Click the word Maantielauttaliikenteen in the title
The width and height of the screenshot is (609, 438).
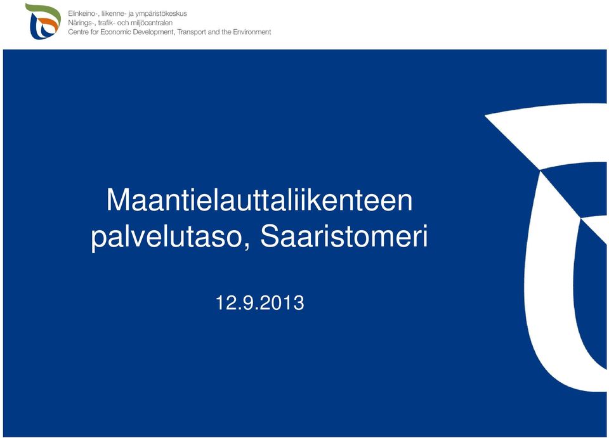pyautogui.click(x=259, y=200)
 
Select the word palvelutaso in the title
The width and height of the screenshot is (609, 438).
pyautogui.click(x=171, y=237)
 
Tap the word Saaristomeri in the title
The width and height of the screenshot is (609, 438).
pyautogui.click(x=344, y=236)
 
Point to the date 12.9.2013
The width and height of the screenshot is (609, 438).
pyautogui.click(x=260, y=303)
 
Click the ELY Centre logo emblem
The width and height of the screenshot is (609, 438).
pyautogui.click(x=43, y=22)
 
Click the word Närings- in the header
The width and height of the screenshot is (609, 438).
pyautogui.click(x=82, y=23)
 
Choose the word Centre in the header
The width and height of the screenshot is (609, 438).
pyautogui.click(x=78, y=32)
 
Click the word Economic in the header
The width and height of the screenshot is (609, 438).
pyautogui.click(x=115, y=32)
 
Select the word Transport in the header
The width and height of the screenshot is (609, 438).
pyautogui.click(x=192, y=32)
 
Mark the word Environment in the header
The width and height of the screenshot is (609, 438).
pyautogui.click(x=252, y=32)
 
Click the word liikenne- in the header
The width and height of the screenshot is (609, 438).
pyautogui.click(x=113, y=13)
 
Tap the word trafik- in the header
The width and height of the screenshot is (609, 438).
pyautogui.click(x=107, y=23)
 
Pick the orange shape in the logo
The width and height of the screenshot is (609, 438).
pyautogui.click(x=49, y=24)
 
